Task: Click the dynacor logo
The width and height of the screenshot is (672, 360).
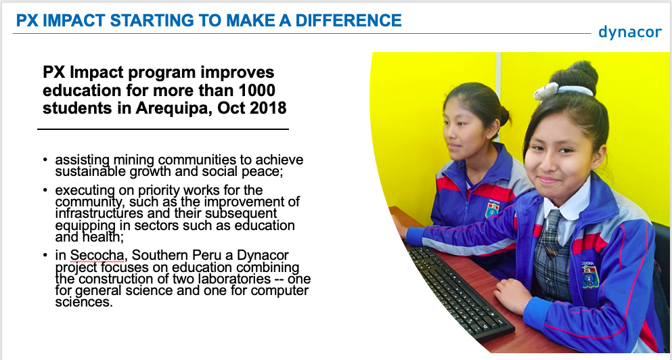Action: pos(630,32)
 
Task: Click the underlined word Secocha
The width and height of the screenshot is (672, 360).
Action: pos(97,255)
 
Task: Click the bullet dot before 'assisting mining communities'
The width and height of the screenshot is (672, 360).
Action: pos(45,160)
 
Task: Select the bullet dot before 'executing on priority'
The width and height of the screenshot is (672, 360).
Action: pos(45,190)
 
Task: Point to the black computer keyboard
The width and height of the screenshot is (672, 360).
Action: pos(460,292)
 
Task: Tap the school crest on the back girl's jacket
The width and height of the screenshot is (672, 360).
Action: pos(493,208)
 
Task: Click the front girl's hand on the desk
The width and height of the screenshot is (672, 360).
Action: pos(512,296)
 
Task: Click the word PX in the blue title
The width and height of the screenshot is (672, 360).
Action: pos(27,20)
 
